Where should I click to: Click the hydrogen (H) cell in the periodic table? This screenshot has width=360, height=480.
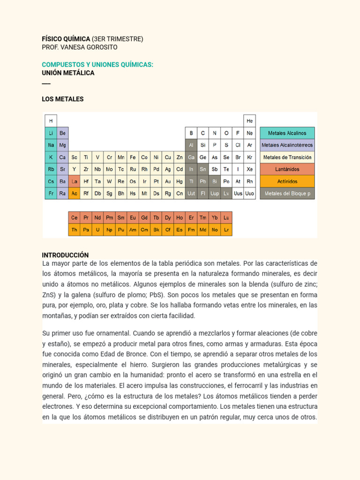[x=51, y=120]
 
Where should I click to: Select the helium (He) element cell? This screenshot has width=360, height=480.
[x=249, y=120]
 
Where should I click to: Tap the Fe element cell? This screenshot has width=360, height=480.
[x=133, y=157]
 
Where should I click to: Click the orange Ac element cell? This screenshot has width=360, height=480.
[x=74, y=193]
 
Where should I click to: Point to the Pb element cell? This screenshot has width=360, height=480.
[x=203, y=181]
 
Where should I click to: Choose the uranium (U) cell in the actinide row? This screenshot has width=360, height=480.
[x=98, y=230]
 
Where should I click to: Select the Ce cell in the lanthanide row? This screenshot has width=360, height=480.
[x=74, y=218]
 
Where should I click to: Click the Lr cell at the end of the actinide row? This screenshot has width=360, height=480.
[x=226, y=230]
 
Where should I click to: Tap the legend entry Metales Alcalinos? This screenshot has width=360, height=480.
[x=287, y=133]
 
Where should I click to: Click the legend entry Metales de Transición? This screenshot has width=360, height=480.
[x=287, y=157]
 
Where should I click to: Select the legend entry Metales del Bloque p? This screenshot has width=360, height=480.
[x=287, y=193]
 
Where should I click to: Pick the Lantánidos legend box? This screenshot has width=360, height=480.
[x=287, y=169]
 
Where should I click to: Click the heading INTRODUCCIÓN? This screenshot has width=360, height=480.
[x=65, y=255]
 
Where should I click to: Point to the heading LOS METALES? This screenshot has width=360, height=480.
[x=63, y=99]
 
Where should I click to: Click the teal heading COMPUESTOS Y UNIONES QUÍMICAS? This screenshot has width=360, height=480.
[x=97, y=64]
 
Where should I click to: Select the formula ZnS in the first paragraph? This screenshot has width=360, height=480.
[x=49, y=295]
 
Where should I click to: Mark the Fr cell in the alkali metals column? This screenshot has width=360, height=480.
[x=51, y=193]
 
